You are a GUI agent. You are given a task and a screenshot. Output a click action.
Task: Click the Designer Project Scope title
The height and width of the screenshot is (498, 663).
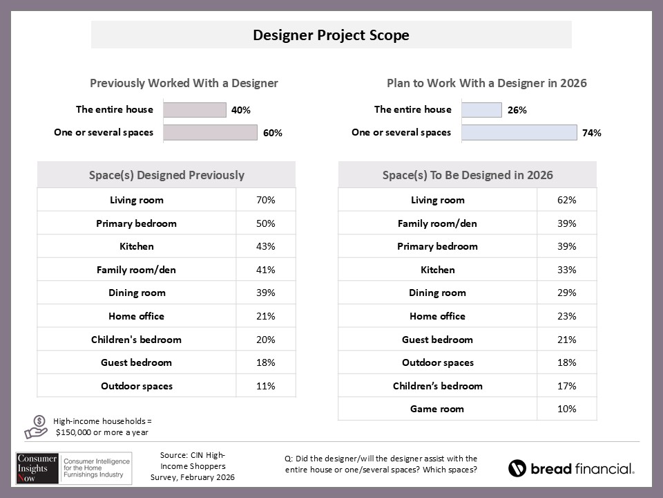point(331,35)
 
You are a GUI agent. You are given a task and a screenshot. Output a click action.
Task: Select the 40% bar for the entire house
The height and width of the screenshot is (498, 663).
point(195,110)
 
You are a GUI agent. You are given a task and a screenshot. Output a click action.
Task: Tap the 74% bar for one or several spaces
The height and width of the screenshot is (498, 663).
point(519,133)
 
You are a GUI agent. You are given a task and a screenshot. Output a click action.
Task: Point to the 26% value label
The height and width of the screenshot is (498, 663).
point(517,110)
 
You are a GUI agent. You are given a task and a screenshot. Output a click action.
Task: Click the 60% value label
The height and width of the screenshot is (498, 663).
point(272,133)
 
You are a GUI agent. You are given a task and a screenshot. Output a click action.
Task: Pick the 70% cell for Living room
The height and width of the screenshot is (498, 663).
point(266,200)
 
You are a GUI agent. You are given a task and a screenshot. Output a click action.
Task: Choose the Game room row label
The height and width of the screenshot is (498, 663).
point(437,409)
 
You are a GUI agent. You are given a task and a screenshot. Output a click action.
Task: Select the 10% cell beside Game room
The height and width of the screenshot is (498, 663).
point(567,409)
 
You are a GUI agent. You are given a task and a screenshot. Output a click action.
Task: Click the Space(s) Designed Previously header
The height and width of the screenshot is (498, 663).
point(166,175)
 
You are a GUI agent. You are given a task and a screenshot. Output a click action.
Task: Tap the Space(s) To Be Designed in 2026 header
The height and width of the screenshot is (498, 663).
point(468,175)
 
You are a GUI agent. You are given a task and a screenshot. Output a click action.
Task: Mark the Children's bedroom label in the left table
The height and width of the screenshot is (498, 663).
point(136,340)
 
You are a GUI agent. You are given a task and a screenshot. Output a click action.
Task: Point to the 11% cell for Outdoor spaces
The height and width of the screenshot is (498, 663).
point(266,386)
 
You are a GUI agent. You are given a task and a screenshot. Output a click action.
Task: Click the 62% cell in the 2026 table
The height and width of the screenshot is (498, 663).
point(567,200)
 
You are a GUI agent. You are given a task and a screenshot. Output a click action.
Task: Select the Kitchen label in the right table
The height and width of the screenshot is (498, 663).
point(437,270)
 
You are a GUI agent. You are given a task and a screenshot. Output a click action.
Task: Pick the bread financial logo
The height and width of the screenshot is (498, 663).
point(571,468)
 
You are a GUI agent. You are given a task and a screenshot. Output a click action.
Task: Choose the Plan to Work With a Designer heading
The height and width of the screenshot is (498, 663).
point(486,83)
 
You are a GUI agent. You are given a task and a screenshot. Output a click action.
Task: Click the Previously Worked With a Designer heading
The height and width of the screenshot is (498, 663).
point(184,83)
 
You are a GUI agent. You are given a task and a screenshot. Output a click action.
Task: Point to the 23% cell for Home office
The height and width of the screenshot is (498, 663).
point(567,316)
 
